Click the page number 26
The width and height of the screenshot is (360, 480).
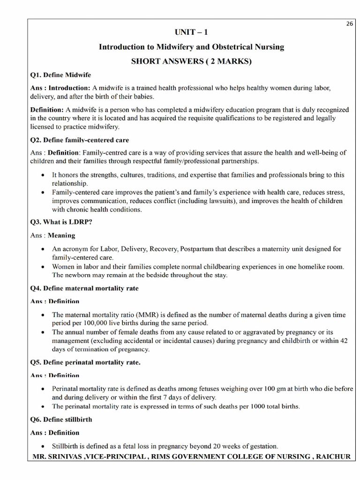point(350,24)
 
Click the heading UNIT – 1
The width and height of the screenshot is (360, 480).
point(191,32)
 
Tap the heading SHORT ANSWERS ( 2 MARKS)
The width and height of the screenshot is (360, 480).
point(191,62)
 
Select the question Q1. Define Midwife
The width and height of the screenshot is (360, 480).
point(60,75)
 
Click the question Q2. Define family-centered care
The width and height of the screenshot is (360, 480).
point(79,140)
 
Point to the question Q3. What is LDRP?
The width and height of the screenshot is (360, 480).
point(61,222)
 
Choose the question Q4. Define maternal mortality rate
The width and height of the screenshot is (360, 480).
point(84,288)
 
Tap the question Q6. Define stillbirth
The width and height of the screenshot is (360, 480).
point(61,420)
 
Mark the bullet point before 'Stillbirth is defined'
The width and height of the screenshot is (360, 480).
point(43,446)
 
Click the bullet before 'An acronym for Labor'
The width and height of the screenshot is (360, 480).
point(43,249)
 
